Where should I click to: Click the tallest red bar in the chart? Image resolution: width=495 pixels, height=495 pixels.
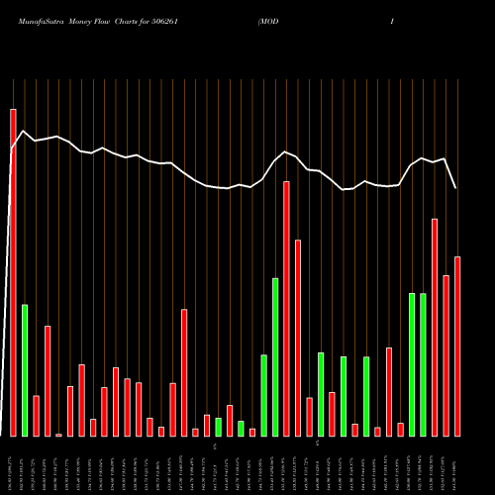click(13, 272)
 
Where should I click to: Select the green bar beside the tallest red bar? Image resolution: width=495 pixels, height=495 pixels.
click(25, 370)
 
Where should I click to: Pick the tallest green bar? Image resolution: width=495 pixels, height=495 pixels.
click(275, 357)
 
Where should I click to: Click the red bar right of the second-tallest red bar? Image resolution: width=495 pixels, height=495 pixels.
click(298, 338)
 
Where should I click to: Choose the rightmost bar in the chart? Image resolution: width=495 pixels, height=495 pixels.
click(457, 346)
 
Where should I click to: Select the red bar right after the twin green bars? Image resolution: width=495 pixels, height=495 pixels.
click(435, 327)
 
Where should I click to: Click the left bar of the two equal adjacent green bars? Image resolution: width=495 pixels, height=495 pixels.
click(412, 364)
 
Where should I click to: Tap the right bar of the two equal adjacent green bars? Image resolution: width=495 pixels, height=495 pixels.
click(423, 364)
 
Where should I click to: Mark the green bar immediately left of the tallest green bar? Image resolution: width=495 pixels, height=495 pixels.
click(263, 395)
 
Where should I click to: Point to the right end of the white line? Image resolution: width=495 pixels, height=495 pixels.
click(456, 188)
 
